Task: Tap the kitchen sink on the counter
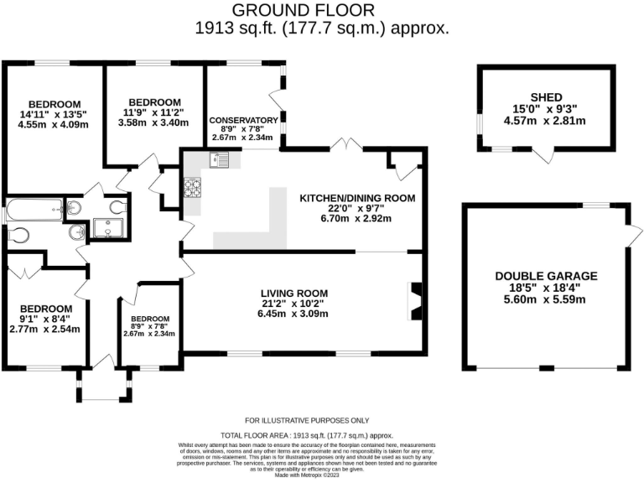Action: tap(221, 158)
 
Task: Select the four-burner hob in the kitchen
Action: tap(191, 188)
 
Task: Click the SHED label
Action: tap(546, 97)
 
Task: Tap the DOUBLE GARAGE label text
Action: tap(546, 275)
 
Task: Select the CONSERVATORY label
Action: tap(244, 120)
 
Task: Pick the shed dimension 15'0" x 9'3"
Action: tap(546, 108)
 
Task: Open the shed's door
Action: tap(546, 156)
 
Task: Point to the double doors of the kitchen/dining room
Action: tap(345, 145)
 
